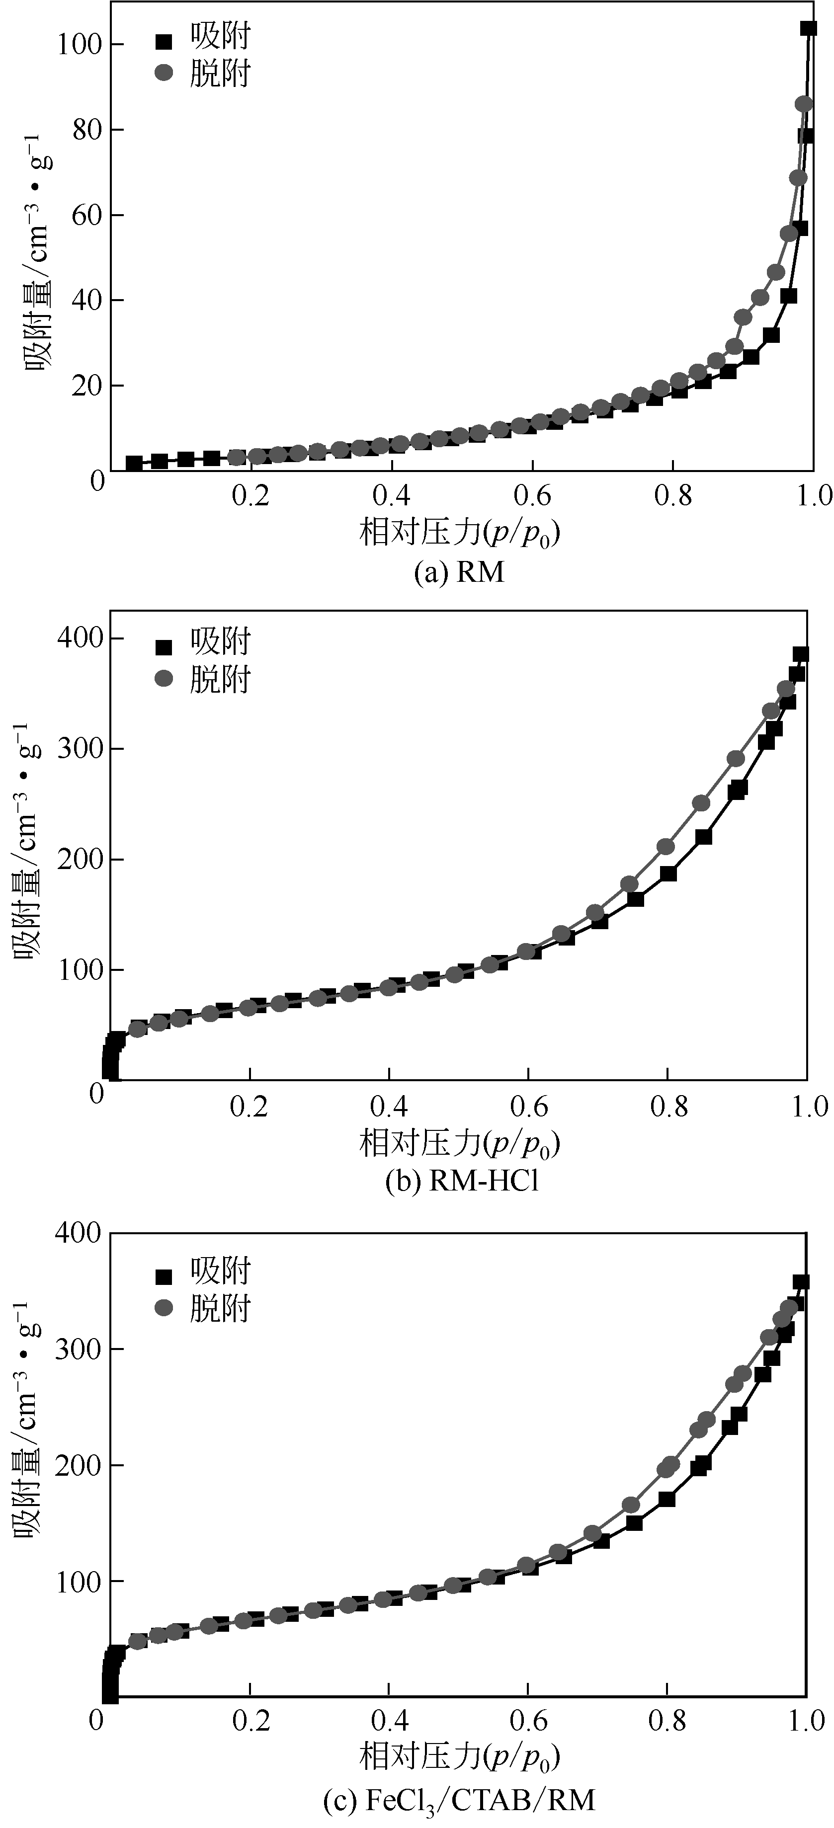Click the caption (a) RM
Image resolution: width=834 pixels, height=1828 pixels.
(x=459, y=572)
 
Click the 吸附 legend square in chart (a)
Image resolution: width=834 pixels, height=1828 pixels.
(x=164, y=42)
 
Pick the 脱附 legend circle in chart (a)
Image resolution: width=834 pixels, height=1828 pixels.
(x=164, y=73)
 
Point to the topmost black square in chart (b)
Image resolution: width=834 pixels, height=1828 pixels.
(x=801, y=653)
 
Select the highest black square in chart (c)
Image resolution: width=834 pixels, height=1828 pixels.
(x=801, y=1281)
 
